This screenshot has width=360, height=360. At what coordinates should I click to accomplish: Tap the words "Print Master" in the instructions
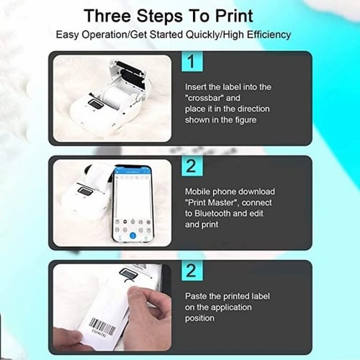tap(210, 202)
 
